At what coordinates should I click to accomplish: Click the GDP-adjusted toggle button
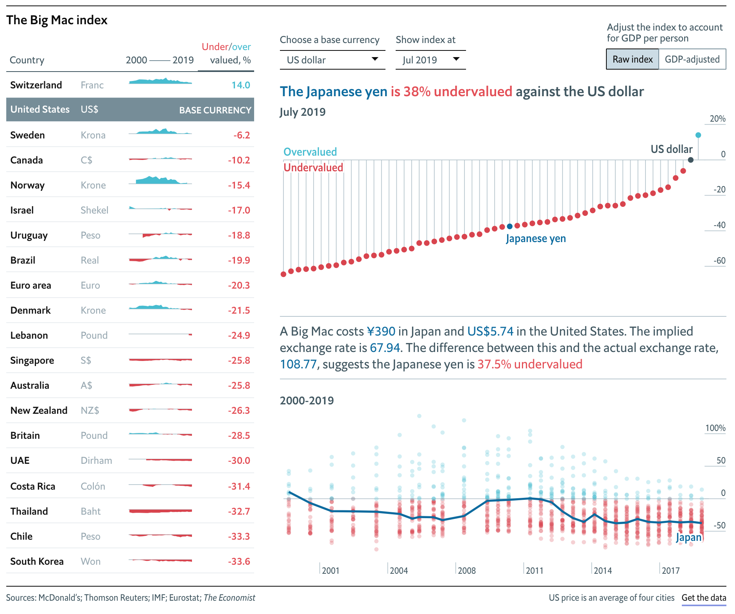pyautogui.click(x=692, y=59)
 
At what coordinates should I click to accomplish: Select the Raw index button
pyautogui.click(x=633, y=59)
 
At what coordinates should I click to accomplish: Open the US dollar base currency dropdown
pyautogui.click(x=332, y=60)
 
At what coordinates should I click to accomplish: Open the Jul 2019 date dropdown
pyautogui.click(x=430, y=60)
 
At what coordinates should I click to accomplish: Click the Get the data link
pyautogui.click(x=704, y=598)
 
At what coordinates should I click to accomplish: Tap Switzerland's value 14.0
pyautogui.click(x=241, y=85)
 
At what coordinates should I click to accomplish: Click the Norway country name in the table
pyautogui.click(x=27, y=185)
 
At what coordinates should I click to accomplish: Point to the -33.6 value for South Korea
pyautogui.click(x=239, y=561)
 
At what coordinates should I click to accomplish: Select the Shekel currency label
pyautogui.click(x=94, y=210)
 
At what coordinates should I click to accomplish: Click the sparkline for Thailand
pyautogui.click(x=160, y=511)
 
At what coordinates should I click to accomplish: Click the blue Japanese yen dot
pyautogui.click(x=509, y=226)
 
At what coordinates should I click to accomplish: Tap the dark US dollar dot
pyautogui.click(x=691, y=160)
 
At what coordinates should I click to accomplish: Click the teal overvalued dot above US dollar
pyautogui.click(x=698, y=135)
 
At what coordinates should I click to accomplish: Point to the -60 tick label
pyautogui.click(x=719, y=260)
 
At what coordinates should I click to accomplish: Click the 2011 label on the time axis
pyautogui.click(x=534, y=571)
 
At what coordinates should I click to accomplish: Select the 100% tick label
pyautogui.click(x=715, y=428)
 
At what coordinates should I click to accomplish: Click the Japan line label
pyautogui.click(x=689, y=538)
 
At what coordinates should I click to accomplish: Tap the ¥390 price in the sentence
pyautogui.click(x=381, y=331)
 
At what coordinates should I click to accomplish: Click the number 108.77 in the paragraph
pyautogui.click(x=298, y=364)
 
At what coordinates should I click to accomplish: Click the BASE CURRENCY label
pyautogui.click(x=215, y=110)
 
